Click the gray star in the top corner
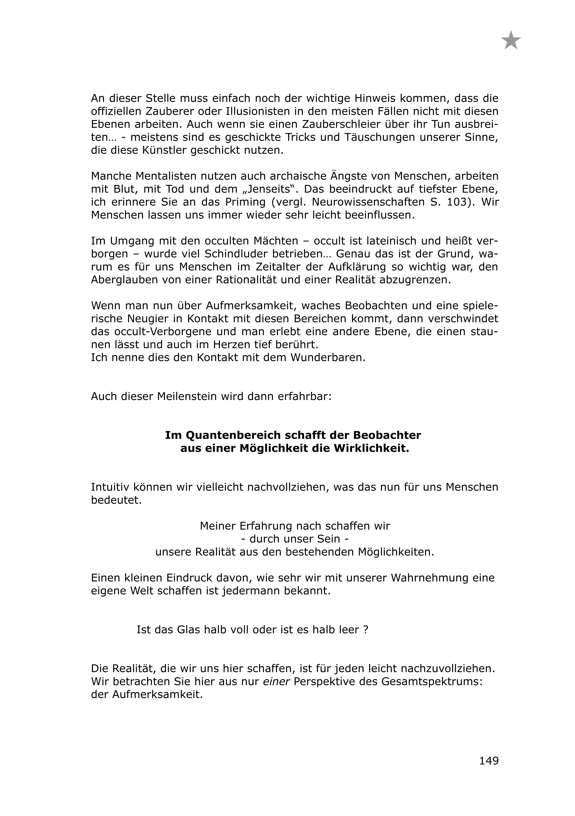511,41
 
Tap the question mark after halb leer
366,630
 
